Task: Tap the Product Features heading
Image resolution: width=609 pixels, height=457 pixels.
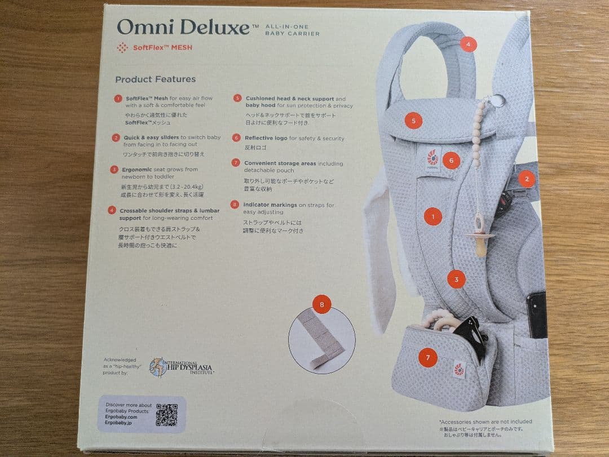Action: tap(156, 79)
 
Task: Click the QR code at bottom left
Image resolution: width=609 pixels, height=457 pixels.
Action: tap(166, 415)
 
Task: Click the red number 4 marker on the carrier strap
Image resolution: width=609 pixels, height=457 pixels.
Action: tap(467, 45)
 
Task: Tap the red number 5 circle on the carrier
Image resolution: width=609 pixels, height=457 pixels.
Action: tap(413, 121)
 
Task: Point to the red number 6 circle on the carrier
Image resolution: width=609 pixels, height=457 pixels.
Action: tap(451, 161)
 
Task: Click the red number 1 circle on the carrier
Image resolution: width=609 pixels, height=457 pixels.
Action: tap(433, 216)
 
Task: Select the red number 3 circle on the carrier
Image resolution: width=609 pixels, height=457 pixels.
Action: tap(456, 278)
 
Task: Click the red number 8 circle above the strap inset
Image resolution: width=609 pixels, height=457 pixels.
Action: tap(321, 305)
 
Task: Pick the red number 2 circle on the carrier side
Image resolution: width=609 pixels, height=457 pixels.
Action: tap(527, 180)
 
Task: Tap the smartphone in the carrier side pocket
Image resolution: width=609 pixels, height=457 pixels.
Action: tap(536, 314)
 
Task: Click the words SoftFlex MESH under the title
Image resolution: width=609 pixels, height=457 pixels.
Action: tap(162, 48)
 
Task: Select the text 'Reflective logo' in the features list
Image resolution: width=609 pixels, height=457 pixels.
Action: tap(266, 138)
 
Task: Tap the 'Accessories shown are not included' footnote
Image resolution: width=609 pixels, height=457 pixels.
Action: tap(485, 421)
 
